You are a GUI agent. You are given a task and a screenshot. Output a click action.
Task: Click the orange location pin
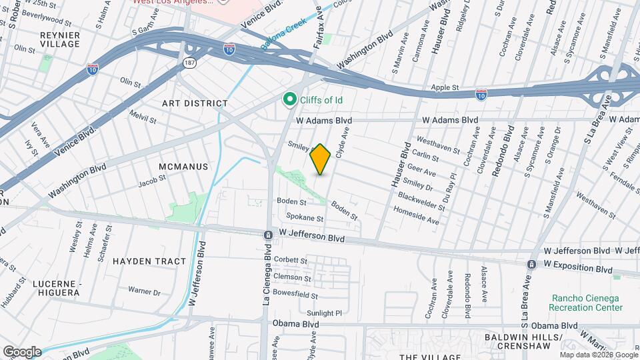pos(321,159)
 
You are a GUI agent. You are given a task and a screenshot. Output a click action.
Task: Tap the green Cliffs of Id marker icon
pos(290,99)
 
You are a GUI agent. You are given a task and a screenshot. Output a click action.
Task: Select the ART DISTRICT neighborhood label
pos(195,104)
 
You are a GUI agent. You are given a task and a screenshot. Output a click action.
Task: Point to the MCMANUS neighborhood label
pos(183,166)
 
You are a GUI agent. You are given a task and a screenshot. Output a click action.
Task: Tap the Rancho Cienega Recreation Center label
pos(586,303)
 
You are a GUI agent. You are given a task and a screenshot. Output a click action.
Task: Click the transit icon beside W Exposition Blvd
pos(531,264)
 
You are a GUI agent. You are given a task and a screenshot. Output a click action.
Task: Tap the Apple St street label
pos(445,87)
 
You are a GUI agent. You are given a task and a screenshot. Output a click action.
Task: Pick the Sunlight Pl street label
pos(324,312)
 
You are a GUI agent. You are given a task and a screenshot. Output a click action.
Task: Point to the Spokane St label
pos(305,217)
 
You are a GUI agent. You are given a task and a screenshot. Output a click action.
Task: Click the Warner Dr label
pos(145,292)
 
